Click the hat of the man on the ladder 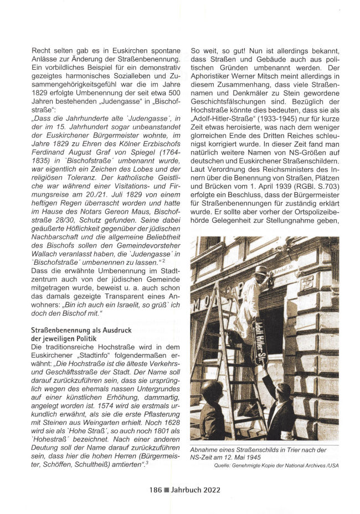coord(261,271)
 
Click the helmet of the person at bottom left coord(212,389)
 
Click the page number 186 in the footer coord(157,489)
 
